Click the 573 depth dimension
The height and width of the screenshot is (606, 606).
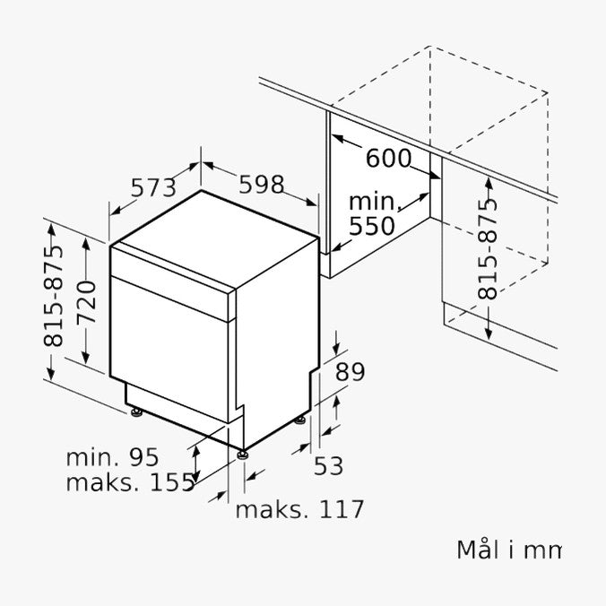point(153,188)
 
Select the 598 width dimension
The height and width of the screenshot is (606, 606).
point(262,185)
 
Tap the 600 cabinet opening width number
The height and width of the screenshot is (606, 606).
point(388,158)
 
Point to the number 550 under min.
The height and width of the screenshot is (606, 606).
point(372,226)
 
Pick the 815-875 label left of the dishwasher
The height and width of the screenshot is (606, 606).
point(53,296)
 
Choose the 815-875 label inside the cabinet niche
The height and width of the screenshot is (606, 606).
point(487,249)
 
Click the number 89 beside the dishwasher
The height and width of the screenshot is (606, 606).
point(351,372)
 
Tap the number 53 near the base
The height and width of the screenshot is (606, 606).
point(328,465)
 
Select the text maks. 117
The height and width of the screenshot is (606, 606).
point(299,509)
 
